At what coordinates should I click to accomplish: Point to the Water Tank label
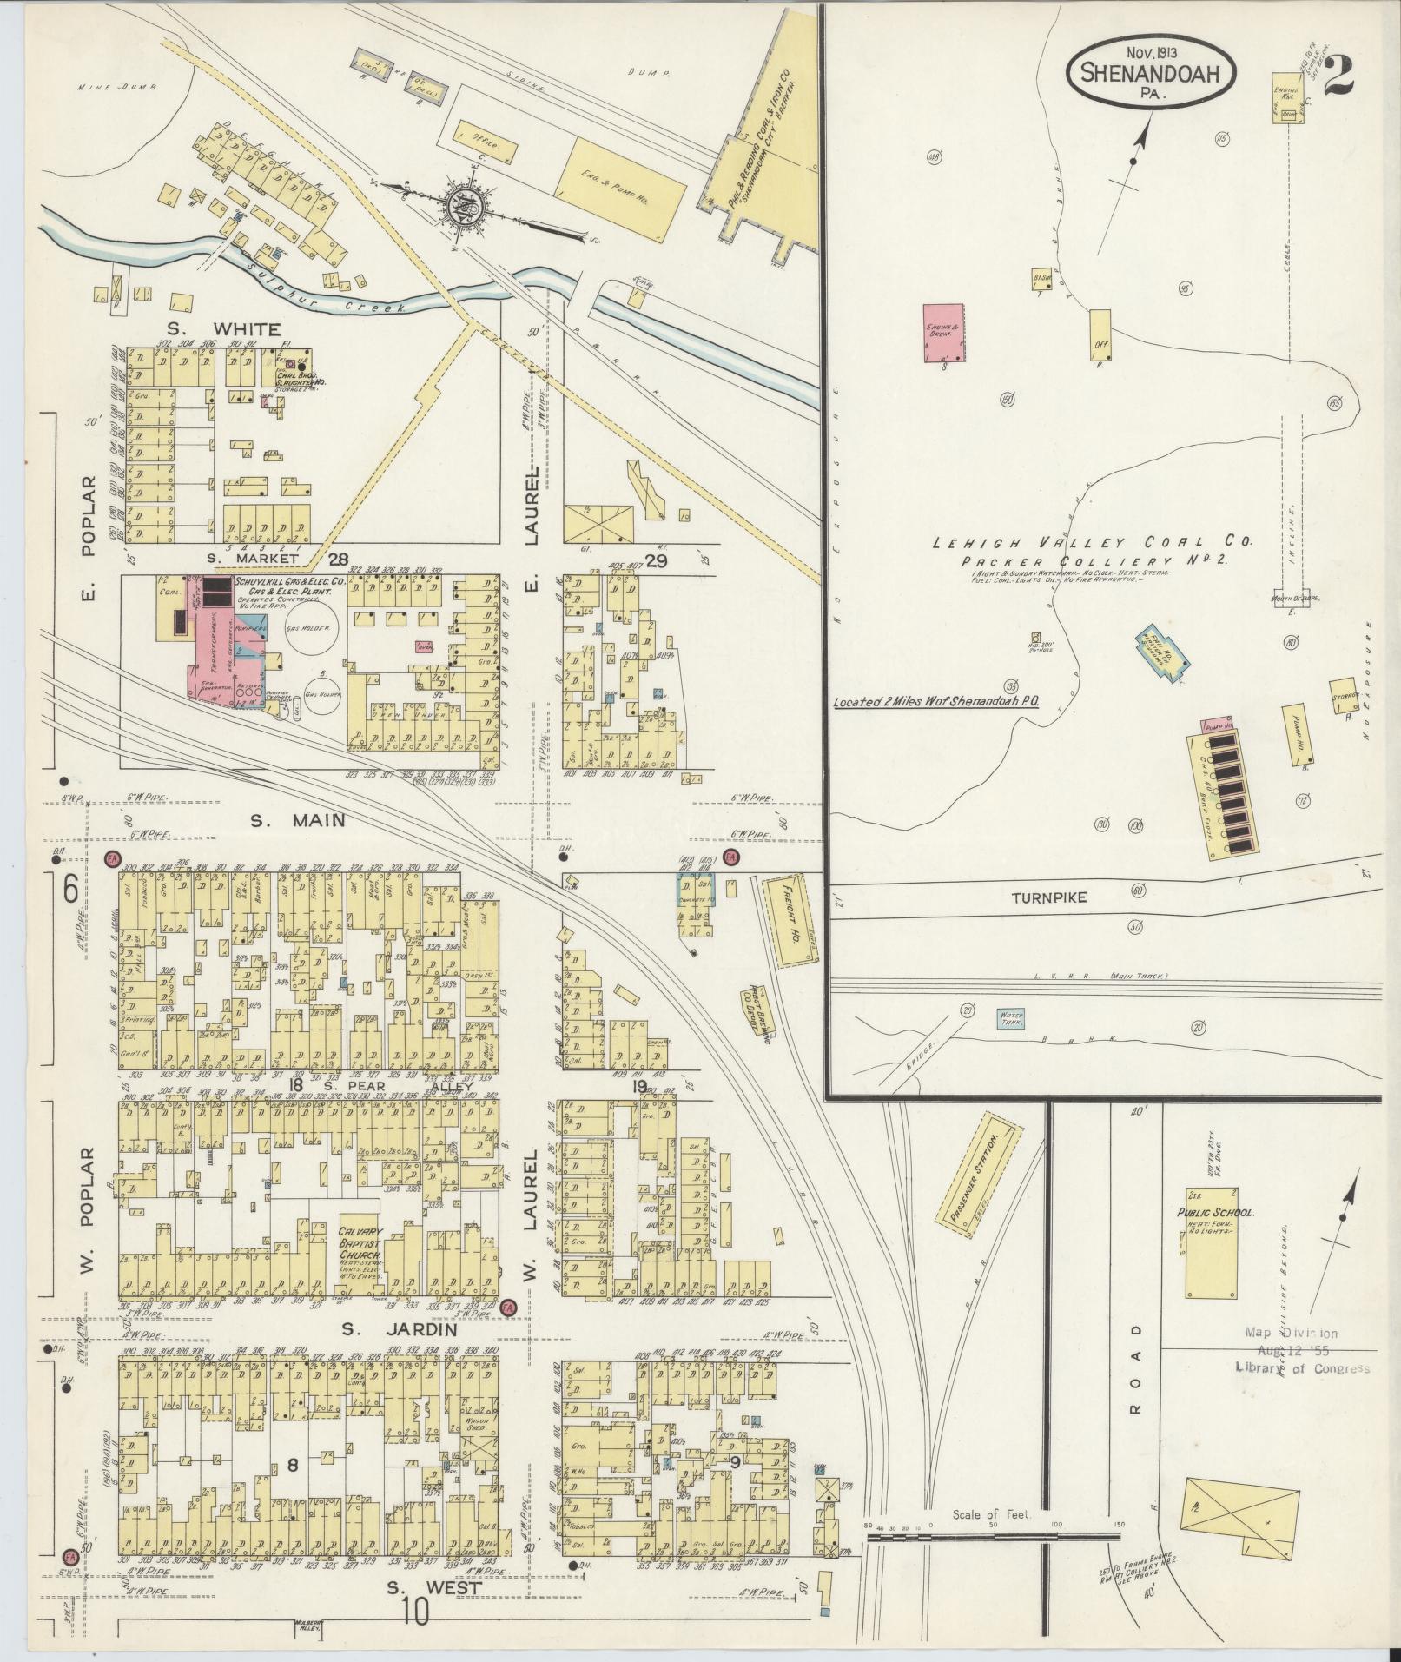pos(1011,1016)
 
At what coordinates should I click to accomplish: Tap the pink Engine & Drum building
pos(942,332)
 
